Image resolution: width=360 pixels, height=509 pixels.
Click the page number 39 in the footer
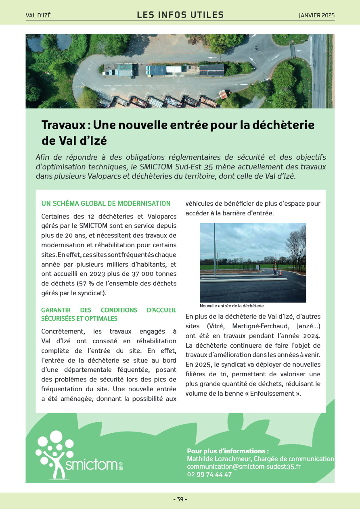click(180, 499)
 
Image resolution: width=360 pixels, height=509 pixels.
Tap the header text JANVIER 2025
click(316, 15)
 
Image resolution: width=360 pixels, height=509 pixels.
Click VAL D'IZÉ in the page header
click(38, 16)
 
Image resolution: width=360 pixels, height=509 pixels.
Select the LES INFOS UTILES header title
click(180, 15)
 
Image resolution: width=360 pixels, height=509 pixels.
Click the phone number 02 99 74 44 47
click(209, 475)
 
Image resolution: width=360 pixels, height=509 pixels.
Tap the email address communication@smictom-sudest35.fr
click(244, 467)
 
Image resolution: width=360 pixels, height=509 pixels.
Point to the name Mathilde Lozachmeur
click(219, 459)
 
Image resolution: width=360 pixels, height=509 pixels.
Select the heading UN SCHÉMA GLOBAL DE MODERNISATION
click(106, 204)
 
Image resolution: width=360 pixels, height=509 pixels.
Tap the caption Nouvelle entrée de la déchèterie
click(232, 306)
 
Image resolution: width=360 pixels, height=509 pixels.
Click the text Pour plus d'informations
click(228, 451)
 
